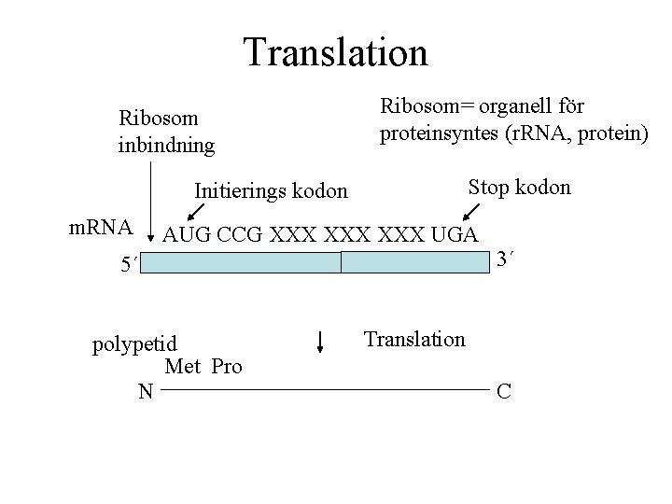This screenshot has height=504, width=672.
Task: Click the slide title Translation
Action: pyautogui.click(x=335, y=52)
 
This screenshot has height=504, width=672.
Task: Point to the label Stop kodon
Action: pyautogui.click(x=519, y=188)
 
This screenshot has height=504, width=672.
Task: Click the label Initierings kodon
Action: pyautogui.click(x=271, y=191)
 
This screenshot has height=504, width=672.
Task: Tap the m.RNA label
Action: pyautogui.click(x=103, y=229)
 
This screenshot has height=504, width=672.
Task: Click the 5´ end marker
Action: pyautogui.click(x=129, y=265)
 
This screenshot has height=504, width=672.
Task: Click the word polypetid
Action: pyautogui.click(x=134, y=345)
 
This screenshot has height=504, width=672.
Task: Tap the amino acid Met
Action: pyautogui.click(x=183, y=367)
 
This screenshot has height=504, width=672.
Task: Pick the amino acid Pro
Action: pyautogui.click(x=227, y=367)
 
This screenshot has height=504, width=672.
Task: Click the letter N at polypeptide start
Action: pyautogui.click(x=145, y=391)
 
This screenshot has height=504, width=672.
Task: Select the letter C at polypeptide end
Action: pyautogui.click(x=504, y=391)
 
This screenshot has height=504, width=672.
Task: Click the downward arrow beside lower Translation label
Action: pyautogui.click(x=320, y=341)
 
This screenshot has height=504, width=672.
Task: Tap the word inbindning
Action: pyautogui.click(x=167, y=146)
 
